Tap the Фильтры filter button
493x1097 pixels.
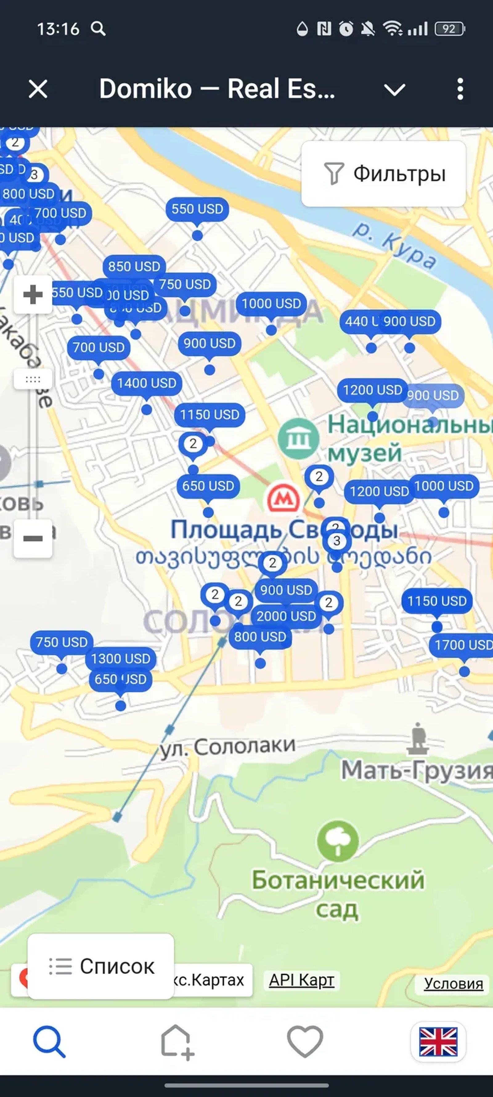point(383,174)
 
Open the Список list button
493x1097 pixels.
point(101,966)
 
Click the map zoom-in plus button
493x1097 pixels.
point(33,295)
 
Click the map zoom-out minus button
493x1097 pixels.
point(33,538)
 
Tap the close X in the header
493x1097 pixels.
point(38,89)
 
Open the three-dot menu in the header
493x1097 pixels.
point(460,89)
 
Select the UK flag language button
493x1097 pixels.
point(438,1042)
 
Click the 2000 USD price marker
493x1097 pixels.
point(286,616)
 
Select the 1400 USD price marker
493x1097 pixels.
point(146,383)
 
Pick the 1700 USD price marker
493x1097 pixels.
point(463,645)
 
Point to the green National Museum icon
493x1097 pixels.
point(298,439)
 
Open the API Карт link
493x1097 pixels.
point(302,980)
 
